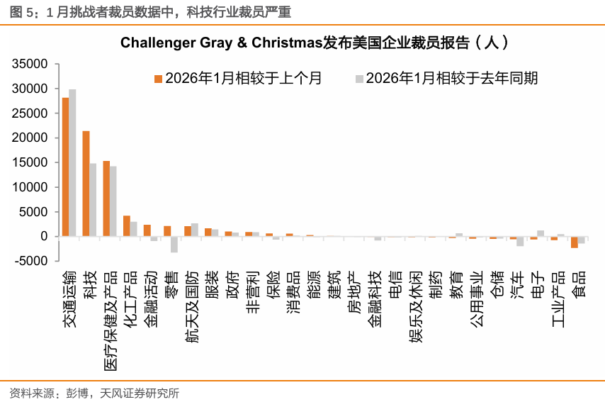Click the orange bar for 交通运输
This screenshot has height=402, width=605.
(x=65, y=167)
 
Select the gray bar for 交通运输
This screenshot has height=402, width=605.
(x=72, y=162)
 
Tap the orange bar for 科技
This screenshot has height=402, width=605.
(x=86, y=184)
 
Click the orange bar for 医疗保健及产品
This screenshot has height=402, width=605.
(x=106, y=199)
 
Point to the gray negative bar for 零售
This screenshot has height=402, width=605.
(x=174, y=245)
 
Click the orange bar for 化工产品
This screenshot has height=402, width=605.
(x=126, y=226)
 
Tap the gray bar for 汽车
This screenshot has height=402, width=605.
(x=520, y=241)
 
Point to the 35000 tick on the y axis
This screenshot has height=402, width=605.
(x=30, y=65)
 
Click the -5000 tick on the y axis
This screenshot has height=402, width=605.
(x=30, y=261)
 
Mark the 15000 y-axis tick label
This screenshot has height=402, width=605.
(x=30, y=163)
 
